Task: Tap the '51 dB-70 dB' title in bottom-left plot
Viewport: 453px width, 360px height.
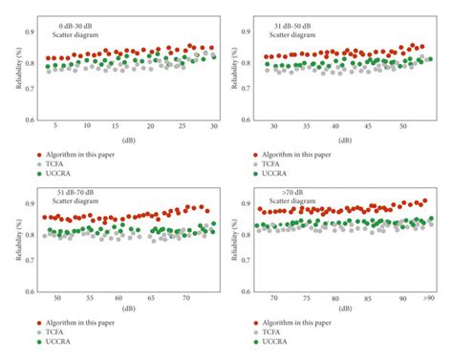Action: click(81, 193)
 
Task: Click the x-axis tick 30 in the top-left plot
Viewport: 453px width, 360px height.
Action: click(214, 126)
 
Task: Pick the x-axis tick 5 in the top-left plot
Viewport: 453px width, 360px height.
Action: click(55, 126)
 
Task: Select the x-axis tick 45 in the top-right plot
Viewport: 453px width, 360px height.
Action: click(366, 126)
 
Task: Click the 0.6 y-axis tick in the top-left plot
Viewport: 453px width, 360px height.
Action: click(29, 118)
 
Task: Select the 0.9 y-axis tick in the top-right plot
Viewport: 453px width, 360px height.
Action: click(243, 32)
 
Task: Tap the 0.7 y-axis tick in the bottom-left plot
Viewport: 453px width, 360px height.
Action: click(29, 265)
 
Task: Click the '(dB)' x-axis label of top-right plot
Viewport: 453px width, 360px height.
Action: click(339, 139)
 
